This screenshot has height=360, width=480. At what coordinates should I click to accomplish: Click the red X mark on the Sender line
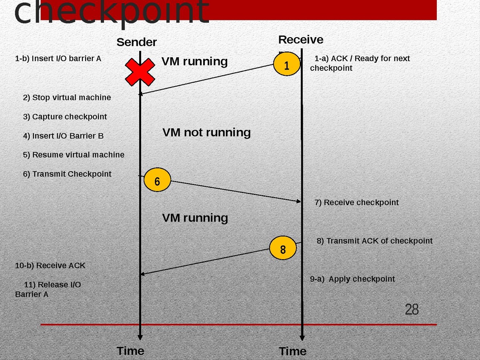pos(140,72)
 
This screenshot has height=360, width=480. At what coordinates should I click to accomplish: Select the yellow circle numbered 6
pos(157,181)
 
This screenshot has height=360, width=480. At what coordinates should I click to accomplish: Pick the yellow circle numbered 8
pos(283,249)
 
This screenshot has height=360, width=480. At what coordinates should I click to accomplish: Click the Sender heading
pos(136,42)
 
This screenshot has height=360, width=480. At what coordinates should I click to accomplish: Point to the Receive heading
pos(301,40)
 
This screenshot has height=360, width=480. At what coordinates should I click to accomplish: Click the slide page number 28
pos(412,310)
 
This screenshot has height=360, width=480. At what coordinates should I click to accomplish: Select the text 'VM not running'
pos(206,132)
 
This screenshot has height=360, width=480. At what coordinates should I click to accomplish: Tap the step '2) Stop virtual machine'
pos(67,98)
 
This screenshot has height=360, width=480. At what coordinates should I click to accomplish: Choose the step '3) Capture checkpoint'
pos(65,117)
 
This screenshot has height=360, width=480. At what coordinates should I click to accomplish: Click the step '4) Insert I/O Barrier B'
pos(63,136)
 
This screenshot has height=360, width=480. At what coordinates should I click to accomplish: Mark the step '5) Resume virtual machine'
pos(74,155)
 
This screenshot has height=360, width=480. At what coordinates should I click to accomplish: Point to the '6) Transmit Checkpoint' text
pos(67,174)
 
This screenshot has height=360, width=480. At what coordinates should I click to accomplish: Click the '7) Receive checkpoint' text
pos(356,202)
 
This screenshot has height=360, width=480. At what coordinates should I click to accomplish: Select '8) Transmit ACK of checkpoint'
pos(374,241)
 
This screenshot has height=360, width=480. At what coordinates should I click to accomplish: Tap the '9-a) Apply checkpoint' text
pos(352,279)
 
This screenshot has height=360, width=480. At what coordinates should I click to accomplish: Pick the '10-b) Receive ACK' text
pos(50,266)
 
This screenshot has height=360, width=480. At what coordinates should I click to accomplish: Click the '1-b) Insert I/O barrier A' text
pos(58,59)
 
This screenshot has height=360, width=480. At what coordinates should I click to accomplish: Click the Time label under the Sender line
pos(130,351)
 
